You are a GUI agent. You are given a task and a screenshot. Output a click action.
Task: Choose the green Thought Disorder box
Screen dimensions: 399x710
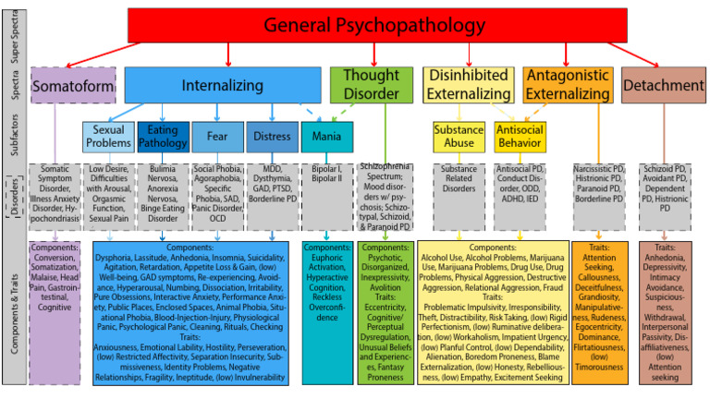[371, 84]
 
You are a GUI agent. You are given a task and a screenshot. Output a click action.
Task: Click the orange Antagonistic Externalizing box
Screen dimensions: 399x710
[567, 84]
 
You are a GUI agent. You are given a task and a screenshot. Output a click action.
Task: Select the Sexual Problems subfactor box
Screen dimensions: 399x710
[108, 137]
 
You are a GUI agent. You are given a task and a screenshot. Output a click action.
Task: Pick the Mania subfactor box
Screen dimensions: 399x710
[326, 137]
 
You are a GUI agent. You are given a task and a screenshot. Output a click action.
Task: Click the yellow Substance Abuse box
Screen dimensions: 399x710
[459, 137]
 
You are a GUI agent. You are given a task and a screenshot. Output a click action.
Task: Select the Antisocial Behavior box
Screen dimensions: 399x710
[519, 137]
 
